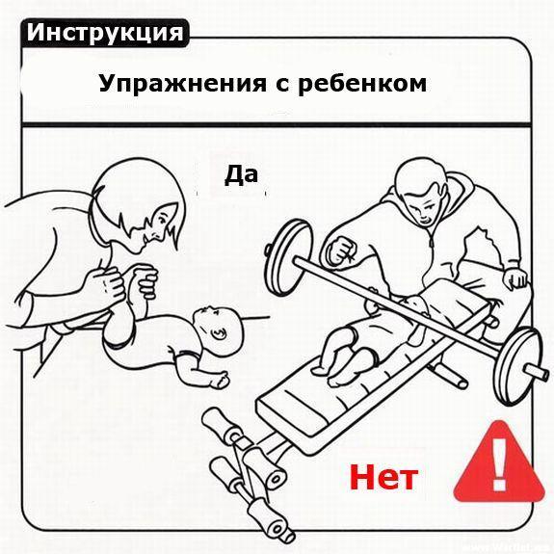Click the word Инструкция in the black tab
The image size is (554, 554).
coord(105,31)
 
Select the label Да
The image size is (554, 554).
coord(242,174)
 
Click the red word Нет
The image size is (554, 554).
coord(383,475)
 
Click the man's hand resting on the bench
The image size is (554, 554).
coord(516,278)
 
